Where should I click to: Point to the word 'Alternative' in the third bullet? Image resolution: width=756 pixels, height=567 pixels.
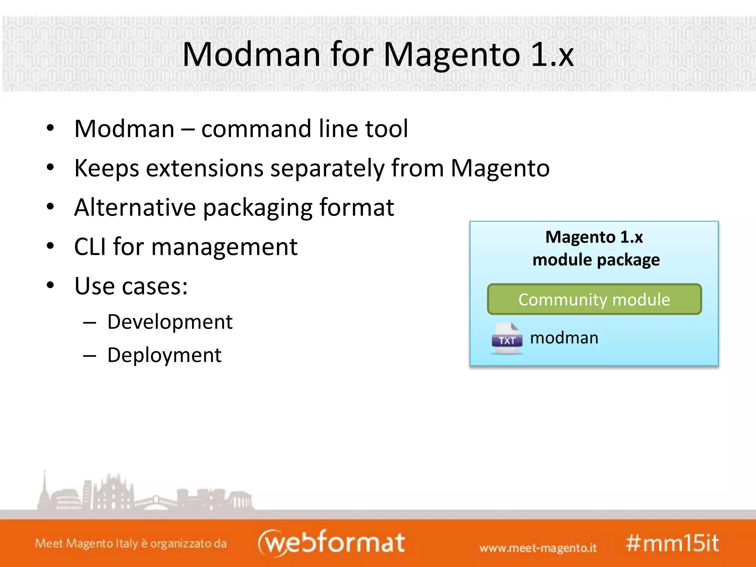coord(135,207)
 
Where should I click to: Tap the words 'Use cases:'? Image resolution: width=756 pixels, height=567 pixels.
coord(131,286)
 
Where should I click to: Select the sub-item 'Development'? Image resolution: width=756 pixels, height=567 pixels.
coord(170,322)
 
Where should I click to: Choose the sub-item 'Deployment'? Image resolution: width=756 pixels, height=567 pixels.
coord(164,355)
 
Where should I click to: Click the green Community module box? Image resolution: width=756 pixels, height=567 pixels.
coord(594,299)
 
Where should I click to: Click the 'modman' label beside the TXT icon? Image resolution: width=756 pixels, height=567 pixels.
coord(564,338)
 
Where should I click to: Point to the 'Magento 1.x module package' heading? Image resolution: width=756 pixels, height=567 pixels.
coord(595,248)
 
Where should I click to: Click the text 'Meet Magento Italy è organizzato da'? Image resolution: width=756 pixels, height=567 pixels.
coord(131,543)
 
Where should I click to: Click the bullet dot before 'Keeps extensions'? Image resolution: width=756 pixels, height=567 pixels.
coord(51,168)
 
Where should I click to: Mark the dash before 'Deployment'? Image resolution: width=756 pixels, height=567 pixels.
coord(89,355)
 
